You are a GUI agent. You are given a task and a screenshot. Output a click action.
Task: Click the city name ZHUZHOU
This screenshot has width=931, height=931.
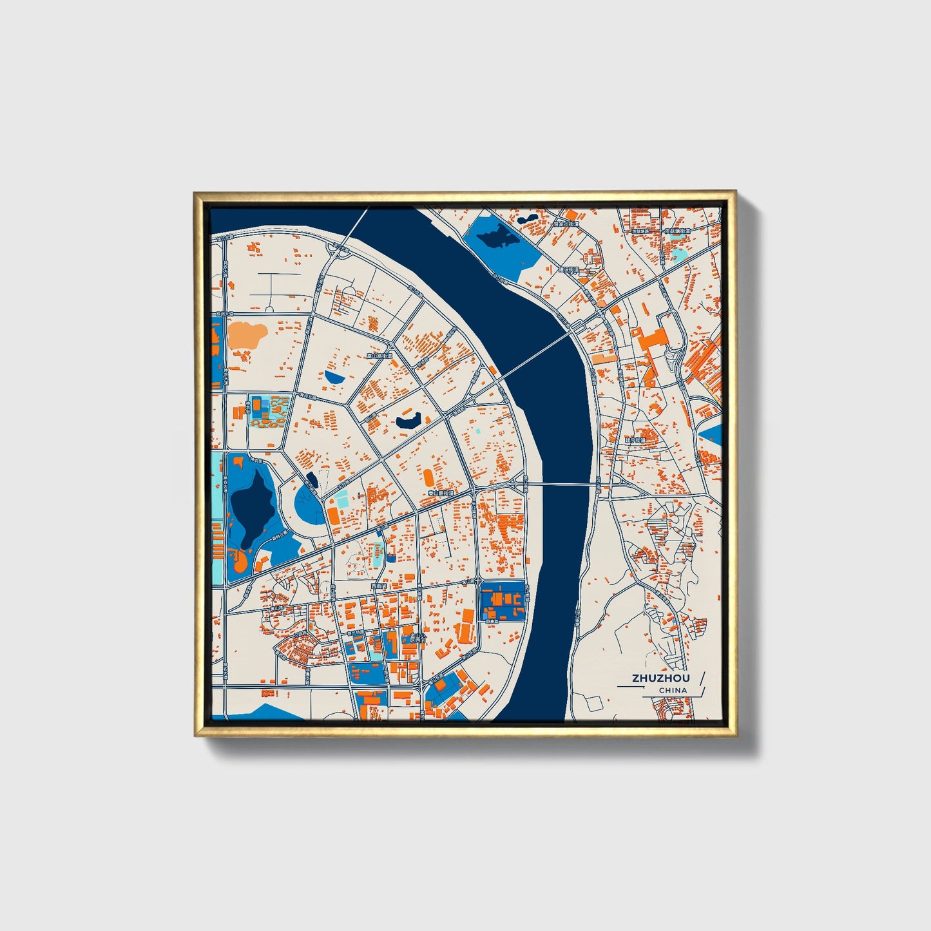tap(660, 678)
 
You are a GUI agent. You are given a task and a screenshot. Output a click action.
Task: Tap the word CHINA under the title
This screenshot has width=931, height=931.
tap(673, 690)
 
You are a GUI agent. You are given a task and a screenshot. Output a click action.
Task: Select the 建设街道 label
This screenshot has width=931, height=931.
tap(568, 269)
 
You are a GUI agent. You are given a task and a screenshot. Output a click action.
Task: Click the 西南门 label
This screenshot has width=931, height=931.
tap(378, 586)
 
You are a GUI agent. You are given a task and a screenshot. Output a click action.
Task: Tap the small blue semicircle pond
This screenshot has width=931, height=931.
tap(334, 376)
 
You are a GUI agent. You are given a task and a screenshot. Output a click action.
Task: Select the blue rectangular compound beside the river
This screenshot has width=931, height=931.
tap(503, 601)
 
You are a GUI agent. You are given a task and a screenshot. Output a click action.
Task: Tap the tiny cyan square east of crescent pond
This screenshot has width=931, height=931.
tap(477, 431)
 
